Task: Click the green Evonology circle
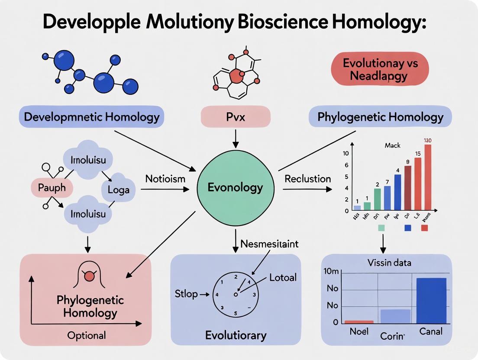pyautogui.click(x=236, y=187)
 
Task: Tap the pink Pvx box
pyautogui.click(x=236, y=117)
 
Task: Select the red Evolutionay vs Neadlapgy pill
pyautogui.click(x=380, y=70)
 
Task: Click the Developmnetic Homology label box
pyautogui.click(x=91, y=117)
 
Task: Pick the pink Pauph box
pyautogui.click(x=52, y=188)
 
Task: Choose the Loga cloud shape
pyautogui.click(x=118, y=190)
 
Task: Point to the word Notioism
pyautogui.click(x=165, y=178)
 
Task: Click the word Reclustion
pyautogui.click(x=308, y=179)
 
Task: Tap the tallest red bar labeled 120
pyautogui.click(x=428, y=177)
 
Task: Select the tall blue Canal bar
pyautogui.click(x=431, y=300)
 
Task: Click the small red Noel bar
pyautogui.click(x=359, y=322)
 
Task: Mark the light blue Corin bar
pyautogui.click(x=395, y=316)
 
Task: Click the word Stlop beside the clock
pyautogui.click(x=186, y=294)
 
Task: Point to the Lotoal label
pyautogui.click(x=283, y=277)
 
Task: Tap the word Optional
pyautogui.click(x=87, y=335)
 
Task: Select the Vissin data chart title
pyautogui.click(x=389, y=262)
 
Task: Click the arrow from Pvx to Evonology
pyautogui.click(x=236, y=138)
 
